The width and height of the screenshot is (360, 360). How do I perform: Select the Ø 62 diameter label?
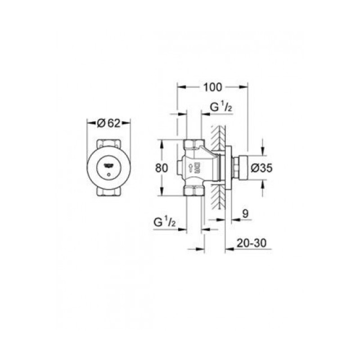point(108,123)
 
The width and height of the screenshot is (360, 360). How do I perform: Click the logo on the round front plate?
point(108,165)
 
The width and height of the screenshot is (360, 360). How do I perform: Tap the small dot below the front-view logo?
point(108,173)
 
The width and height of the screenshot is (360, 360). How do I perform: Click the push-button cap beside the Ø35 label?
point(242,168)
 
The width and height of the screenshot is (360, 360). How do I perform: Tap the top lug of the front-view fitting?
point(108,143)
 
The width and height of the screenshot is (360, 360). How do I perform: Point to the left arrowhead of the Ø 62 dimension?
point(88,123)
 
